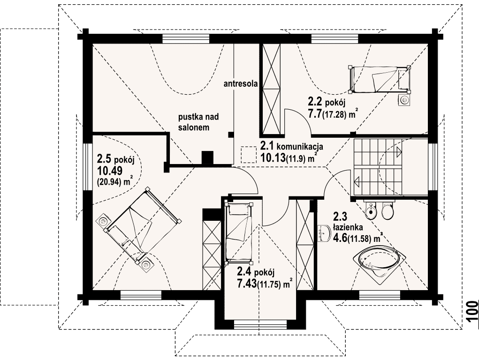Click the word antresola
click(x=241, y=83)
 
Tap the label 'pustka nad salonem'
click(x=198, y=122)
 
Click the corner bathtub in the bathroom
click(x=380, y=262)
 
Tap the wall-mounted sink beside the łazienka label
click(x=324, y=233)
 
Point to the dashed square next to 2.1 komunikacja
click(x=248, y=155)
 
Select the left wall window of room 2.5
click(x=87, y=167)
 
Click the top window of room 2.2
click(x=335, y=39)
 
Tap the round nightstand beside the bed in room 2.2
click(x=405, y=100)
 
